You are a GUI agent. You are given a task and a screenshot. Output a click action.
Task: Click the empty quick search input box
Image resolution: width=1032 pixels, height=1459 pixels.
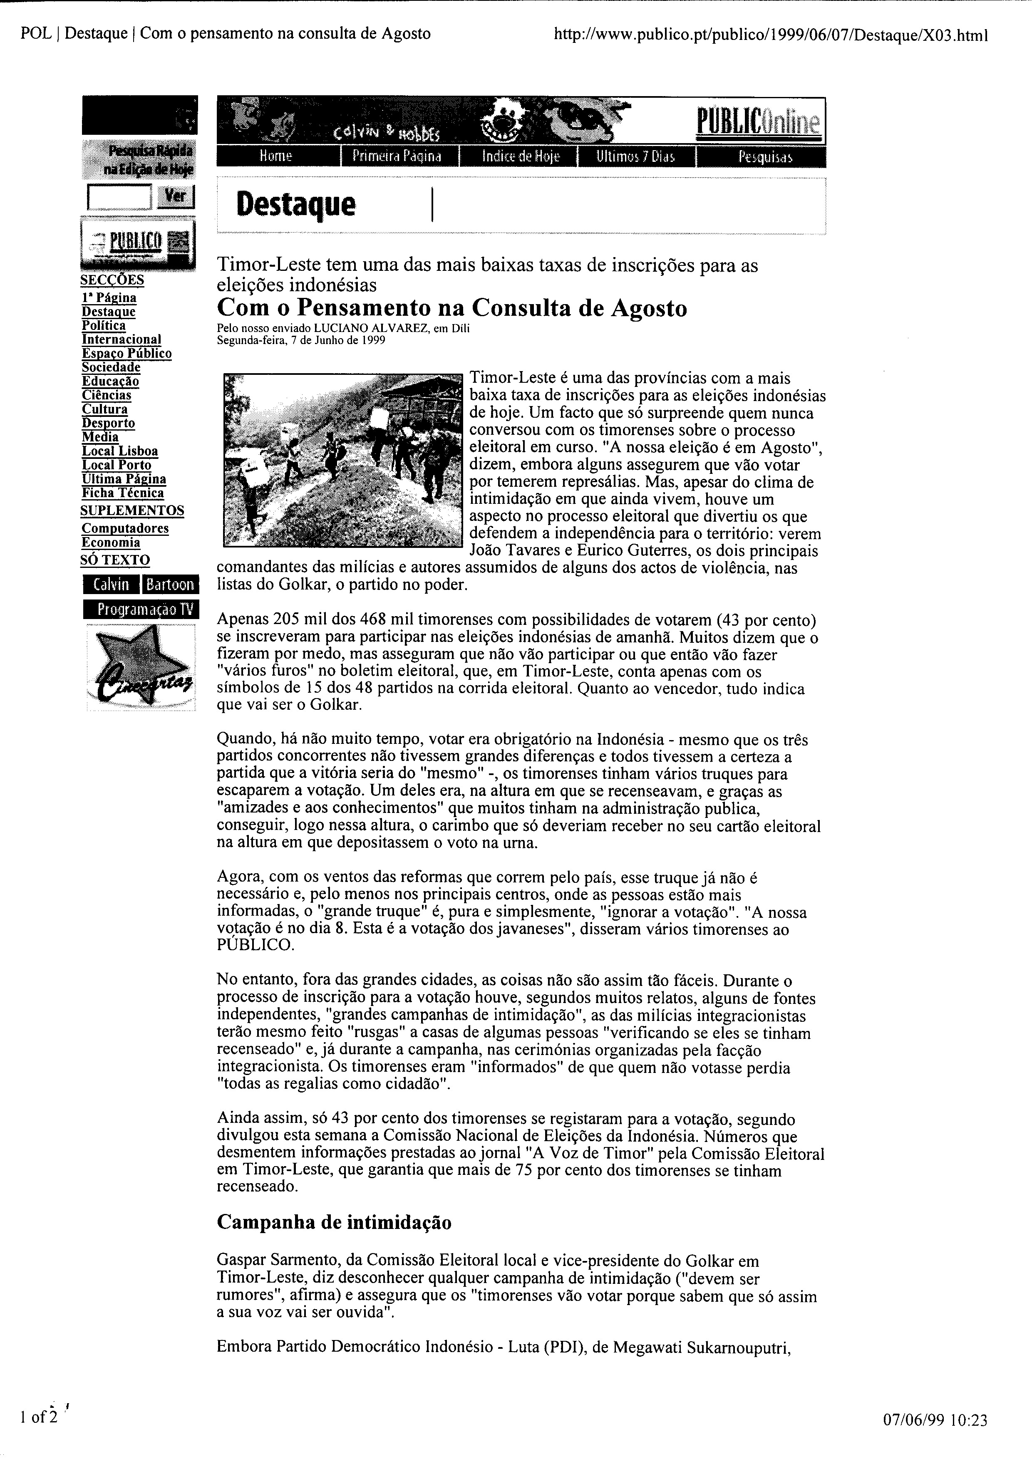tap(119, 196)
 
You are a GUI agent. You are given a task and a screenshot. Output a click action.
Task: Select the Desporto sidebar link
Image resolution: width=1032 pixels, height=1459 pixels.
tap(109, 423)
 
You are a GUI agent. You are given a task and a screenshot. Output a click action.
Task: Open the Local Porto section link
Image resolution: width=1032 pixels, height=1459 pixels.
tap(116, 465)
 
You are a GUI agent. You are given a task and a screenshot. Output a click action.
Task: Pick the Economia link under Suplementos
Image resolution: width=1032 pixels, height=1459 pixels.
tap(111, 542)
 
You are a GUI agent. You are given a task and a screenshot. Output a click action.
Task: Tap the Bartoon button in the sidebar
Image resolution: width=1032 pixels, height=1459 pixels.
tap(170, 585)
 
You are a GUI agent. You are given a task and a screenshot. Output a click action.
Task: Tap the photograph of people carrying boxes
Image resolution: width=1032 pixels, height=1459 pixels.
tap(342, 460)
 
